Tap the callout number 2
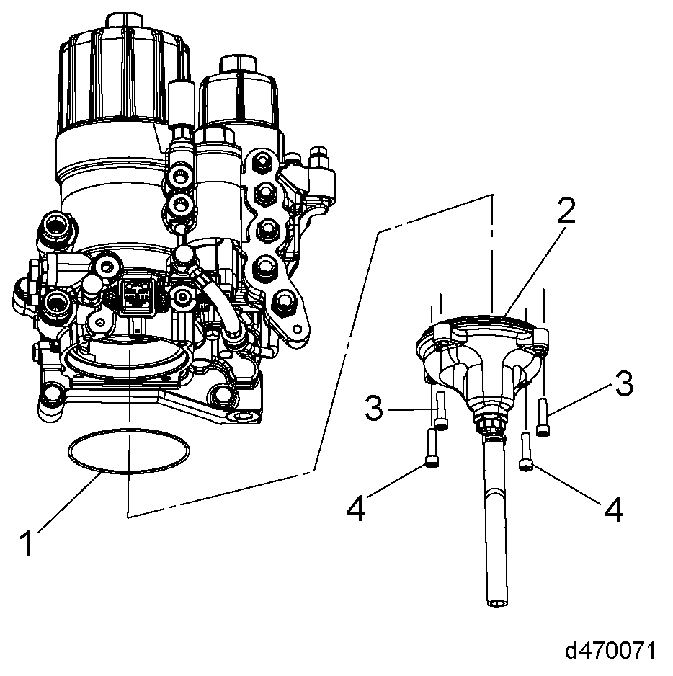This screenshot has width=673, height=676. click(x=566, y=211)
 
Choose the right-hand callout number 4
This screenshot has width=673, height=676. click(x=612, y=510)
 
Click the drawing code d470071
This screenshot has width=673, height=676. click(x=610, y=651)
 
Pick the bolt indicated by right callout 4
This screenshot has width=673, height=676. click(x=526, y=452)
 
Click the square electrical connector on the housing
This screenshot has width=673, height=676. click(x=137, y=293)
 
